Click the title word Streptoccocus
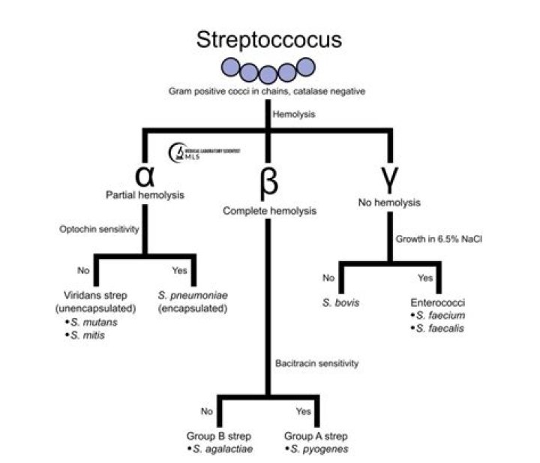click(x=268, y=41)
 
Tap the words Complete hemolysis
click(x=269, y=211)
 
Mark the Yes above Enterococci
click(x=424, y=277)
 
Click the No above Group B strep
click(x=207, y=411)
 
